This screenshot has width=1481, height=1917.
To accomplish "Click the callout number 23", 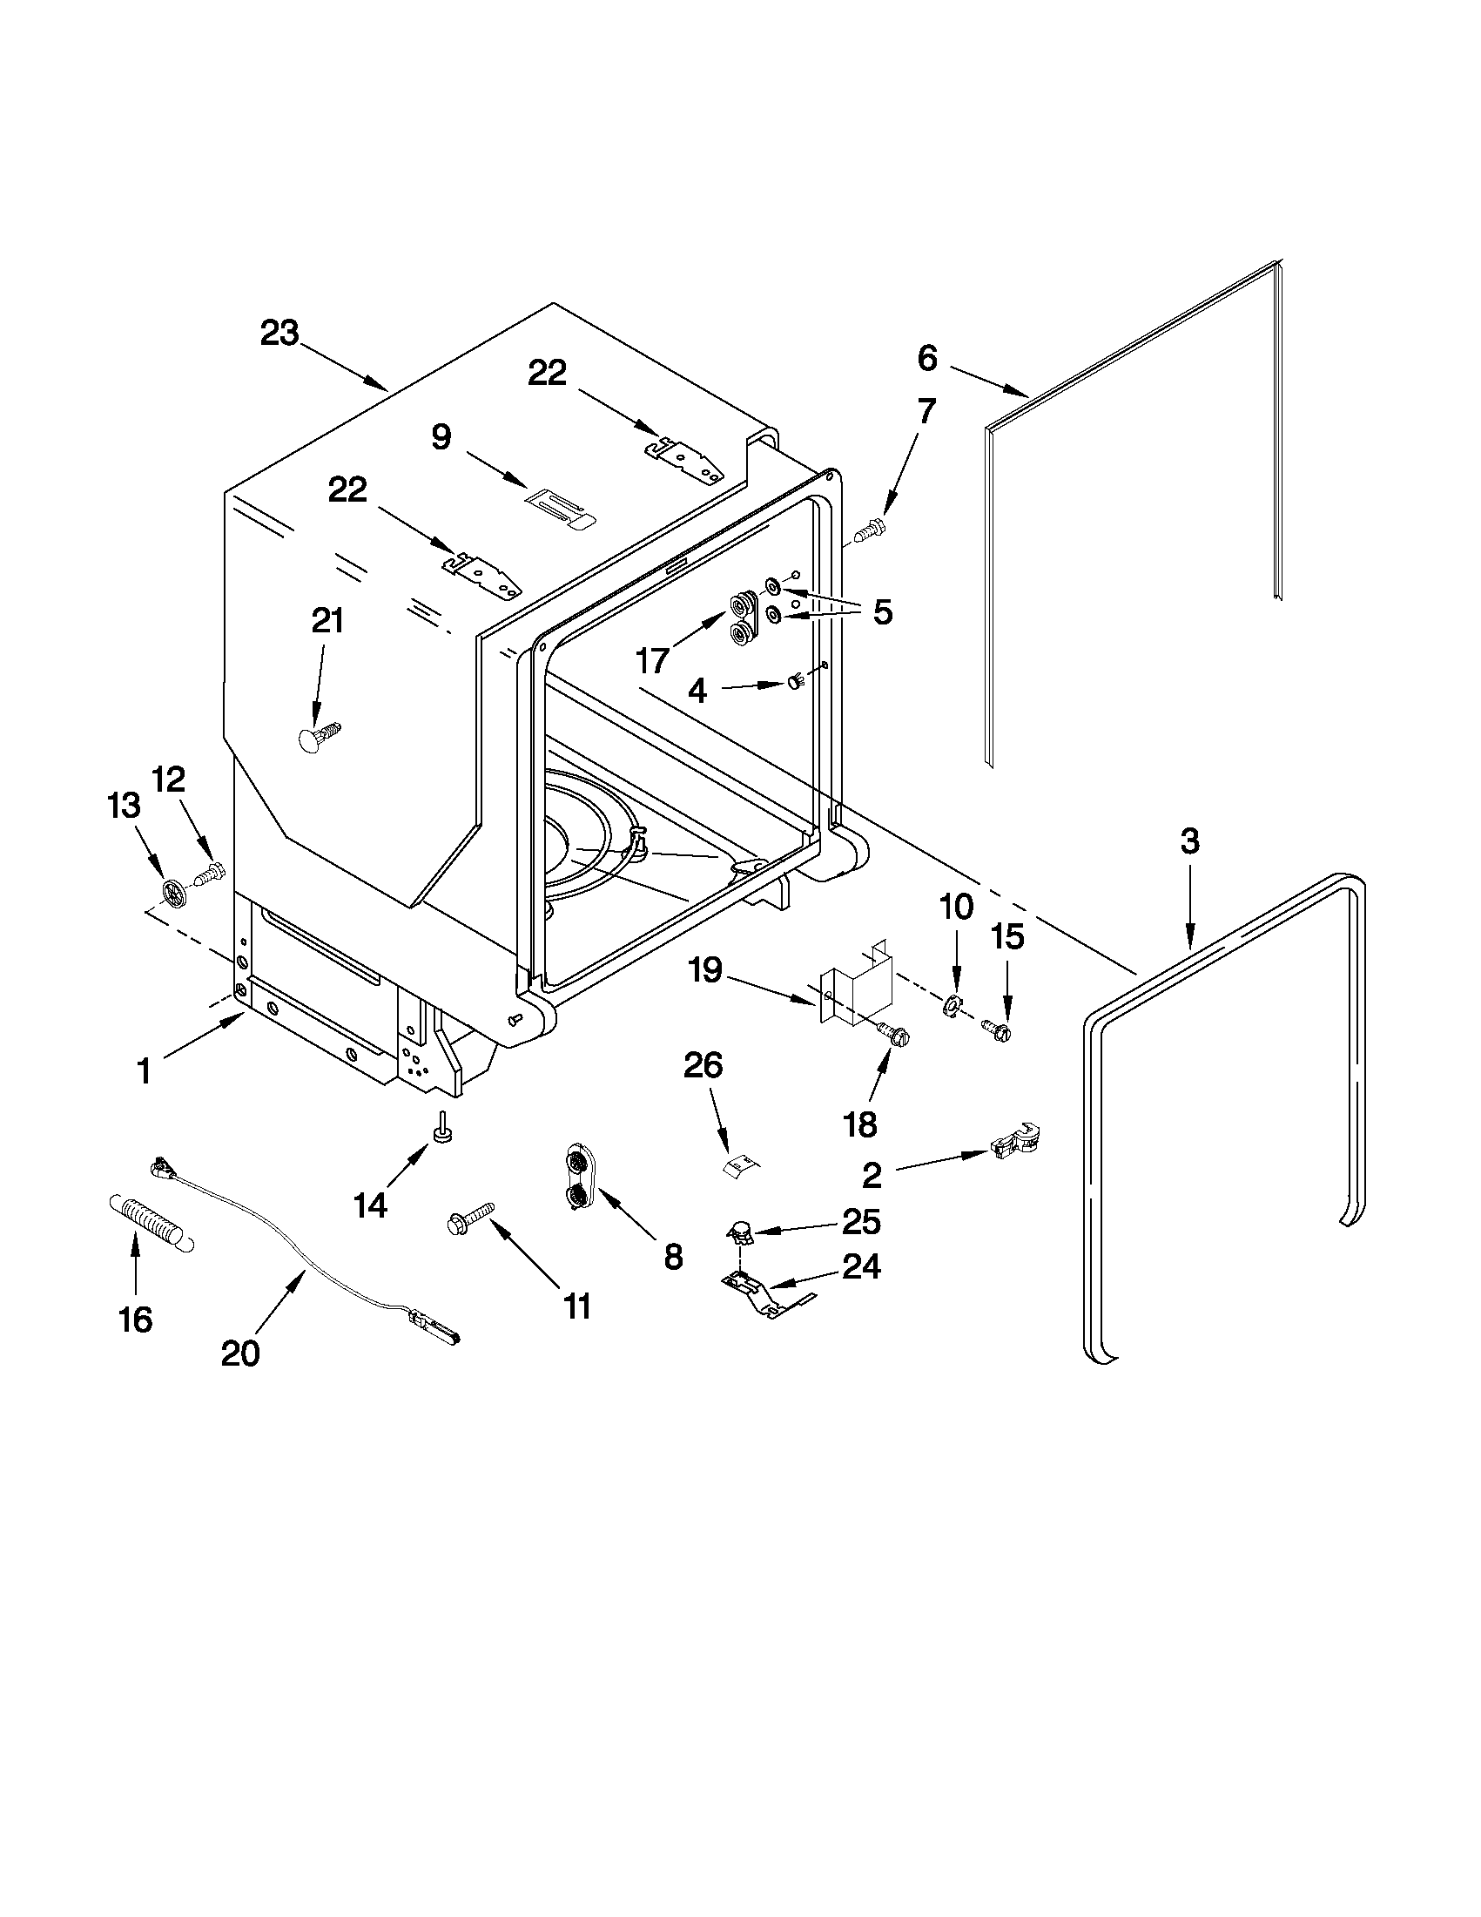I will pyautogui.click(x=279, y=334).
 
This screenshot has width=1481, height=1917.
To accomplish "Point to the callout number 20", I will pyautogui.click(x=240, y=1353).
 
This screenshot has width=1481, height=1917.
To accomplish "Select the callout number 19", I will pyautogui.click(x=705, y=971).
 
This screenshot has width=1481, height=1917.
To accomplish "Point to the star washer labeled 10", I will pyautogui.click(x=951, y=1005).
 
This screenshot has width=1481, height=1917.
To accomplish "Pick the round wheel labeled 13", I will pyautogui.click(x=176, y=894).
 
